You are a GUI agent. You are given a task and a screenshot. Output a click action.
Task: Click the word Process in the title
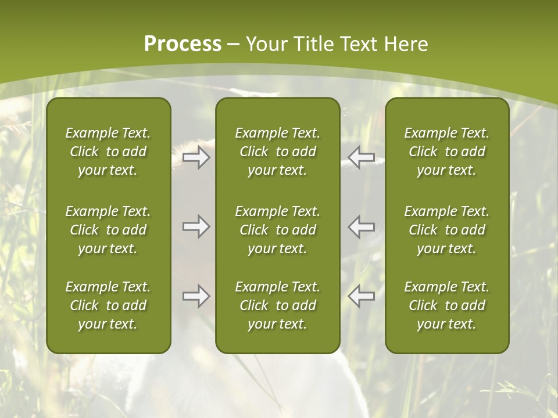[183, 44]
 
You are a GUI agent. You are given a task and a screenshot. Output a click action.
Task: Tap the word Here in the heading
[406, 44]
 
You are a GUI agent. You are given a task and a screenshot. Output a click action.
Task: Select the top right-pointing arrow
[196, 158]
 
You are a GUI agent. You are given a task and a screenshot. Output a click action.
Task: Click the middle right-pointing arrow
[196, 226]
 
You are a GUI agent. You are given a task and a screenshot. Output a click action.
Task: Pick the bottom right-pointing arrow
[196, 297]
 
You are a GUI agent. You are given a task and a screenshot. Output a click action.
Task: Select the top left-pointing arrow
[361, 158]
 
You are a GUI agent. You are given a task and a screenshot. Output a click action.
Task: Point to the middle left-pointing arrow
[361, 226]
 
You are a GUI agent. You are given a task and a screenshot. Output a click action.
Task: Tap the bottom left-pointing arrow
[361, 297]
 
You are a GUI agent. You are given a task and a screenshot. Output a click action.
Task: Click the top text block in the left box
[108, 152]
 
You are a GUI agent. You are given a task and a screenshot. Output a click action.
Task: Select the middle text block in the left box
[108, 230]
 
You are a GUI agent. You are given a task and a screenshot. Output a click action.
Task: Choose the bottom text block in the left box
[108, 305]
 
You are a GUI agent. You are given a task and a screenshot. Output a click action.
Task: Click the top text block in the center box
[277, 152]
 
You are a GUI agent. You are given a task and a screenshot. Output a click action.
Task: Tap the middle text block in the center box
[277, 230]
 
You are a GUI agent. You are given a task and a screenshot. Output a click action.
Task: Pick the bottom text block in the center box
[277, 305]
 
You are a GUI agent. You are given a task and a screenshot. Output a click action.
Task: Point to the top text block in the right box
[446, 152]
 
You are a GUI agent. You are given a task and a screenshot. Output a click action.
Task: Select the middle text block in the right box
[446, 230]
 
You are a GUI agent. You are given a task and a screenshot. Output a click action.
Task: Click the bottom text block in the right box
[446, 305]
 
